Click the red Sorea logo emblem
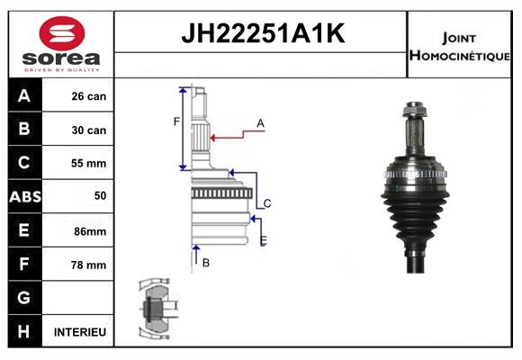[62, 33]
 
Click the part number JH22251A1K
[263, 33]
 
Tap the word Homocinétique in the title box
[459, 55]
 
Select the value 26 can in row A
[89, 96]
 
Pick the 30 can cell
[89, 130]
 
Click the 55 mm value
[88, 163]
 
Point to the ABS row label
[25, 196]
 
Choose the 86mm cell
[90, 231]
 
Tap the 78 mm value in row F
[88, 265]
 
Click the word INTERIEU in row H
[80, 332]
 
